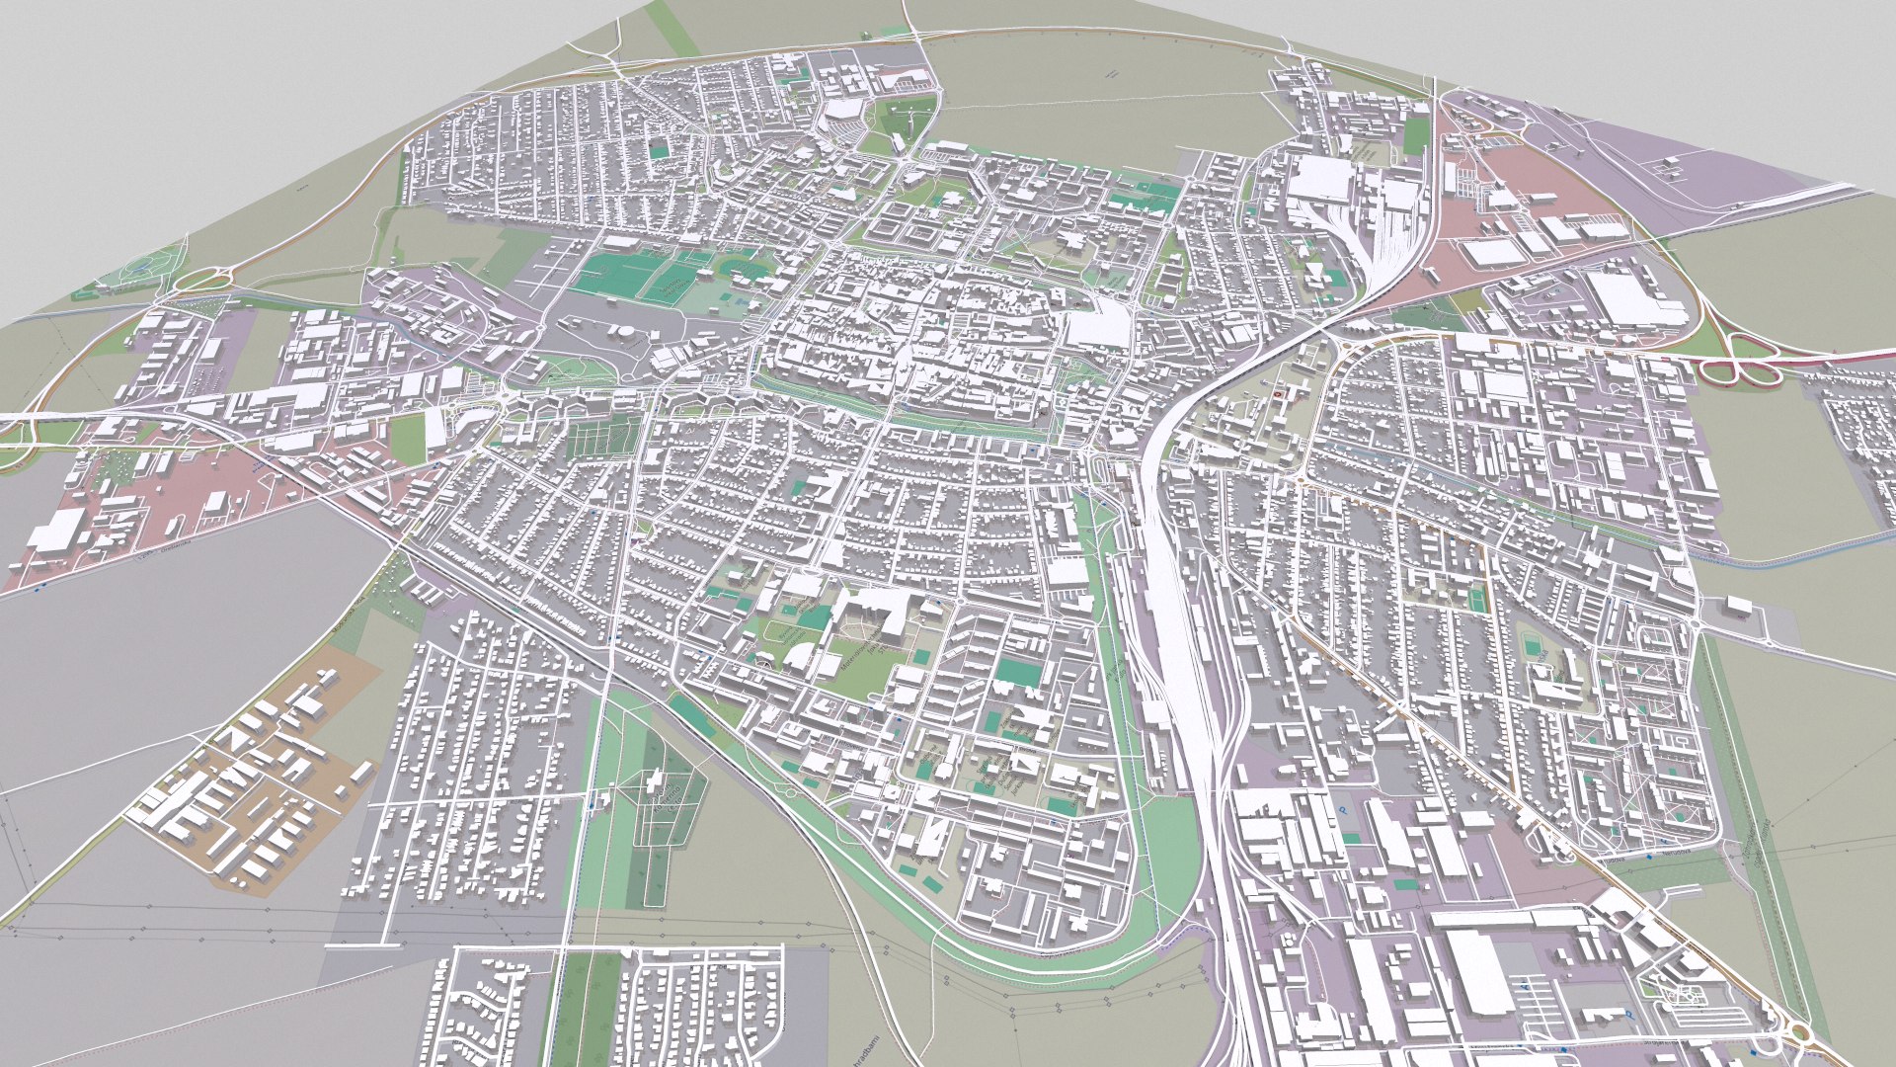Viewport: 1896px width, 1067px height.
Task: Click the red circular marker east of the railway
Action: (x=1282, y=392)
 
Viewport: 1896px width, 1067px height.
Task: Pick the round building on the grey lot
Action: (x=624, y=332)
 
